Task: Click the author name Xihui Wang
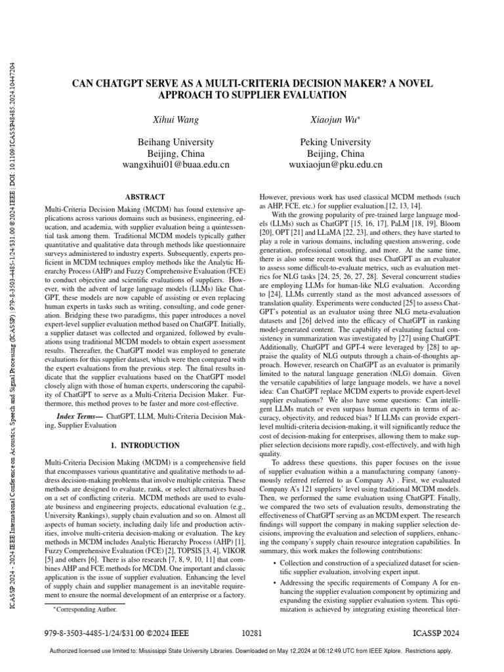tap(175, 119)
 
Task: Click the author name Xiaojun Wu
tap(327, 119)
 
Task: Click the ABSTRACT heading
tap(144, 196)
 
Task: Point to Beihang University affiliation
tap(175, 142)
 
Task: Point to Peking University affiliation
tap(327, 142)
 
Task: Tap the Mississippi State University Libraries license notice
tap(252, 651)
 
